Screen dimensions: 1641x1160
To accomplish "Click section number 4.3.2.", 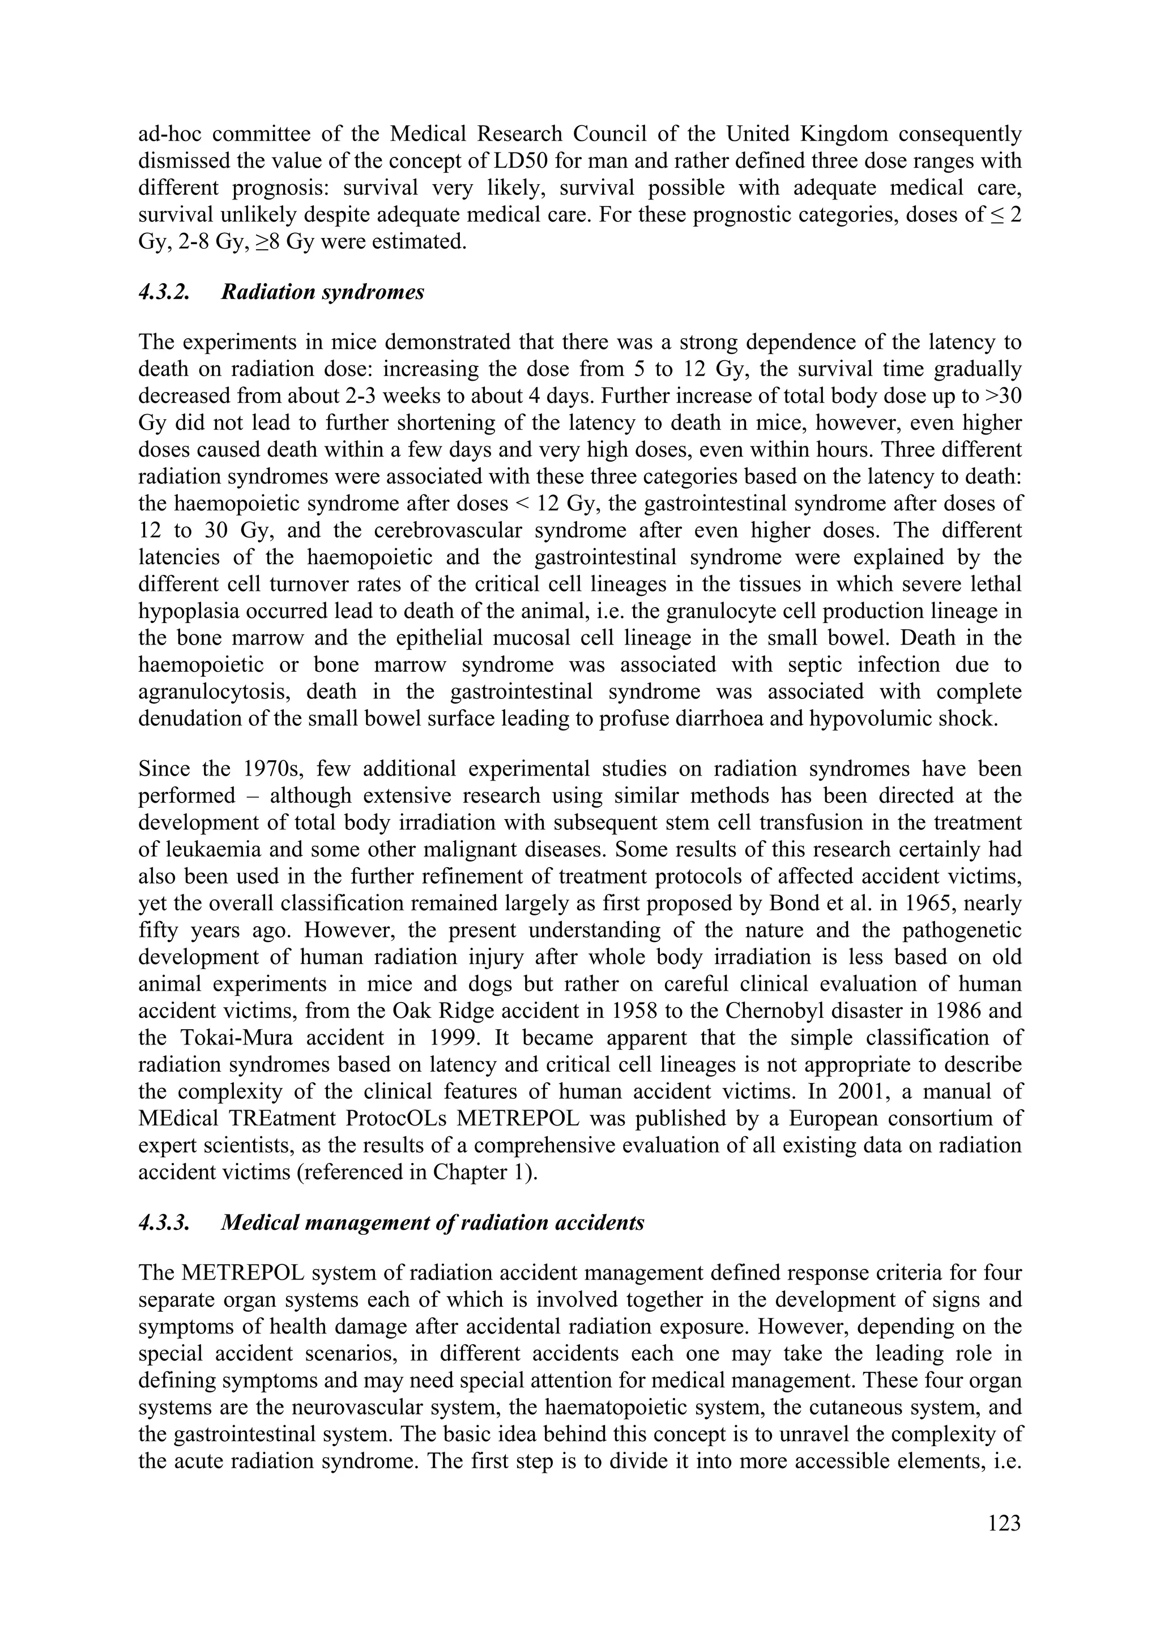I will point(164,292).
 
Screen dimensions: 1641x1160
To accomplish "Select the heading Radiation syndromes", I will point(322,292).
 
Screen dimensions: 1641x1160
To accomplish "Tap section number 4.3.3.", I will point(164,1223).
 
